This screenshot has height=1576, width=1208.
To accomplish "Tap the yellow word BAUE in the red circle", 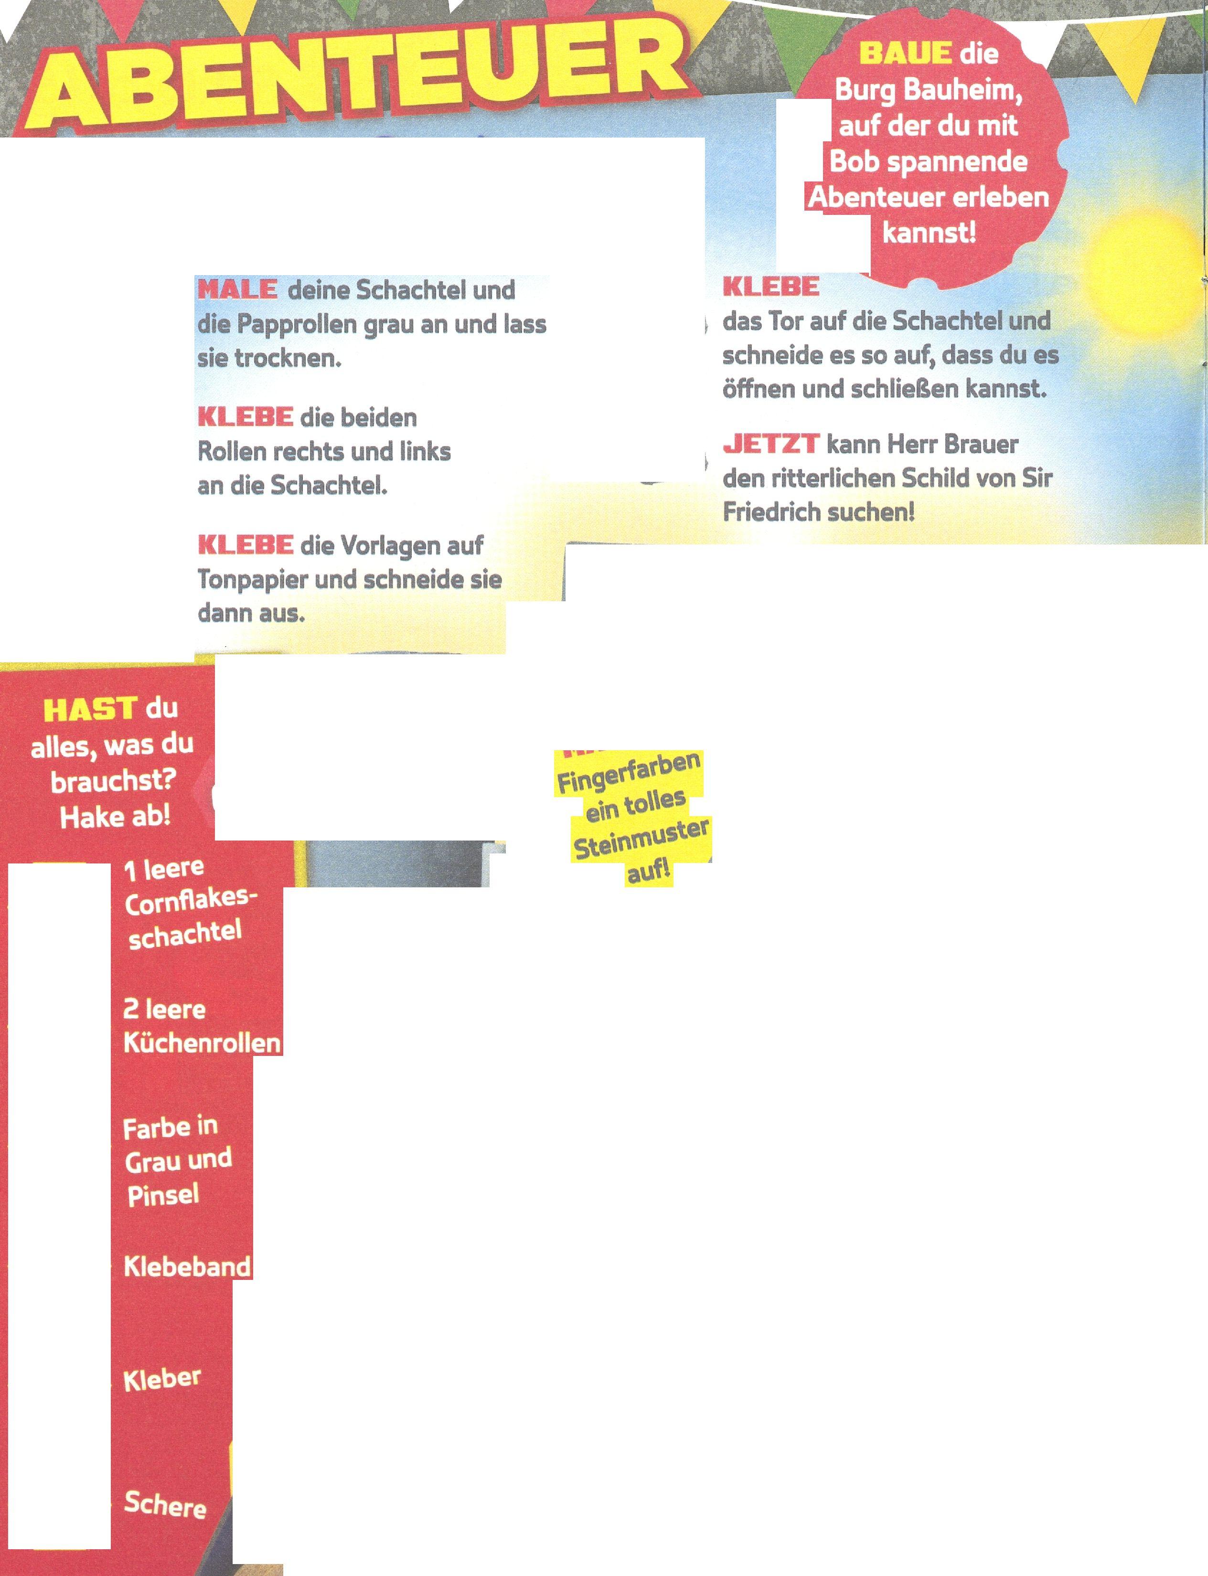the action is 905,53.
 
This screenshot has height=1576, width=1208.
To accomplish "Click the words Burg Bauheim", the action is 928,91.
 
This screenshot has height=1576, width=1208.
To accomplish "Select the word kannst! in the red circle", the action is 929,233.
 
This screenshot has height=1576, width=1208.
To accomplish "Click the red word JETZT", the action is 770,444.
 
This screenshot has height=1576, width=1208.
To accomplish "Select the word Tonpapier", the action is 252,579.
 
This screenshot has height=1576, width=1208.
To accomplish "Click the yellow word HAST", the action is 89,710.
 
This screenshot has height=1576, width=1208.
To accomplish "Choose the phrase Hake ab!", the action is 115,817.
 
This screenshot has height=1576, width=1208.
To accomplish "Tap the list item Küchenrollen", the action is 202,1043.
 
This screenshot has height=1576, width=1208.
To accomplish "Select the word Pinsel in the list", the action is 163,1195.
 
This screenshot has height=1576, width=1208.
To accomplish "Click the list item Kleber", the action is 162,1379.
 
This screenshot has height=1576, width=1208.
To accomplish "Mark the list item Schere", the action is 165,1504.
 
